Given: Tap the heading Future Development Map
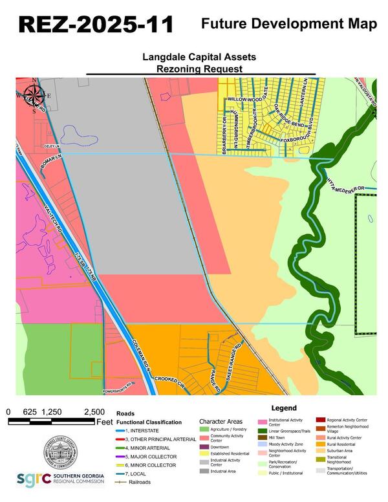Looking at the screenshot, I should coord(289,24).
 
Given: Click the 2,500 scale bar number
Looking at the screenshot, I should coord(94,411).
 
